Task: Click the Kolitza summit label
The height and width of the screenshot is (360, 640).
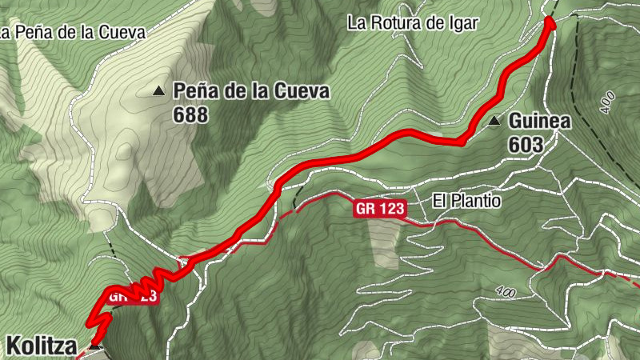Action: click(x=42, y=346)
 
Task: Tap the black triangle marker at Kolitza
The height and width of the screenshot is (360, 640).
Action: click(x=95, y=346)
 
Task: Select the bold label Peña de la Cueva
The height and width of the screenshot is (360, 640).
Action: click(x=251, y=91)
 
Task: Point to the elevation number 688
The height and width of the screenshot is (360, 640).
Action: click(x=190, y=115)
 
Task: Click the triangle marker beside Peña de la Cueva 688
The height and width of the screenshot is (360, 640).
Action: click(x=158, y=91)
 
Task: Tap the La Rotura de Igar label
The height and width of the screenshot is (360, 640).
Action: click(x=411, y=23)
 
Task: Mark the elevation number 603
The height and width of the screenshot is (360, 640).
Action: click(x=525, y=145)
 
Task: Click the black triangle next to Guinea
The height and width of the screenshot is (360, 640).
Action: click(x=494, y=122)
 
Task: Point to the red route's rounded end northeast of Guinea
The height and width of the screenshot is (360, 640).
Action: click(x=550, y=23)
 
